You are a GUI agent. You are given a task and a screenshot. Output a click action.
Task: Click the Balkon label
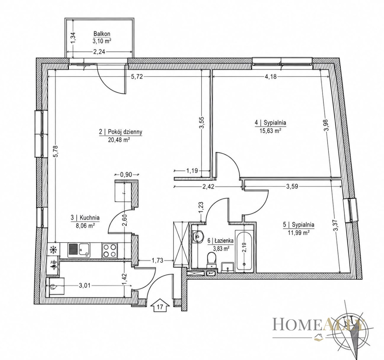[102, 34]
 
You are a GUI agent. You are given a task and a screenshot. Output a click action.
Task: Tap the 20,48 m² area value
[119, 140]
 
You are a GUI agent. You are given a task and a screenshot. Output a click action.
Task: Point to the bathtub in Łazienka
[244, 251]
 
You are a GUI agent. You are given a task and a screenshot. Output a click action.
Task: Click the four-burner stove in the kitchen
[110, 250]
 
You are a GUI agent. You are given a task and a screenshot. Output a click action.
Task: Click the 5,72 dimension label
[137, 77]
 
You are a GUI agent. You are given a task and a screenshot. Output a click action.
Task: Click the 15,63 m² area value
[270, 131]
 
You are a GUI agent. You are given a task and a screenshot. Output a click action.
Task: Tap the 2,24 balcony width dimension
[99, 52]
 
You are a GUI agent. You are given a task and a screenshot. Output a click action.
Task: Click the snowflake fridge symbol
[53, 250]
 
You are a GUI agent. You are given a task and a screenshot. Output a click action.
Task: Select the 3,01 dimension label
[84, 285]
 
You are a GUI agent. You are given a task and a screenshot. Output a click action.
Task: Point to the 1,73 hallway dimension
[157, 260]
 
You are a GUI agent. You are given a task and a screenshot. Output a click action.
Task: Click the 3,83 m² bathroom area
[221, 249]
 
